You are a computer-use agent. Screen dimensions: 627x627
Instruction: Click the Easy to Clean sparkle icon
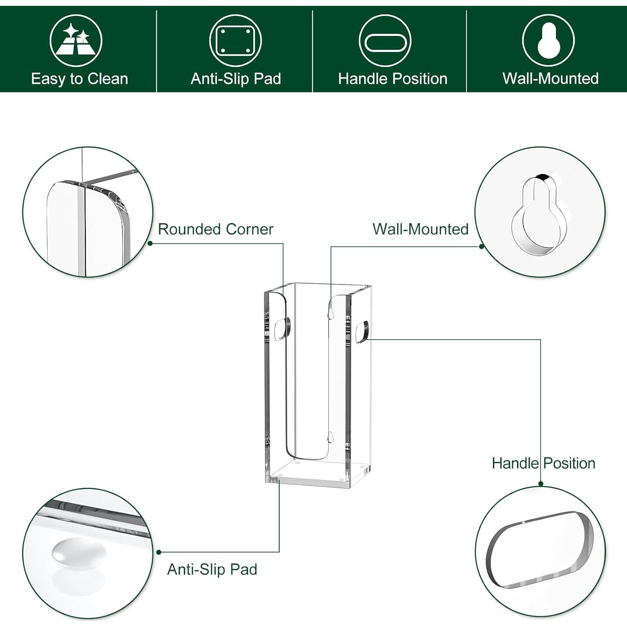[x=76, y=41]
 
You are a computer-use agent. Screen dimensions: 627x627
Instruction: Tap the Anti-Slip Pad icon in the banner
[x=236, y=41]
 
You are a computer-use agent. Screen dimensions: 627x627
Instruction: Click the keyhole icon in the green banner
[x=548, y=41]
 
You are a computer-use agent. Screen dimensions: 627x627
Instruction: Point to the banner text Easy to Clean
[x=79, y=79]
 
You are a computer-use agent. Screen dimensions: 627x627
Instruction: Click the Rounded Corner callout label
[x=215, y=229]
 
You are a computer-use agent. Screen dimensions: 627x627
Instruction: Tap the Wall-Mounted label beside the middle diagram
[x=421, y=229]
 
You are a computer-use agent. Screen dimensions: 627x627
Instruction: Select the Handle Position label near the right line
[x=543, y=463]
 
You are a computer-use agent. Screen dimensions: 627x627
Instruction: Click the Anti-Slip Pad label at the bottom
[x=212, y=569]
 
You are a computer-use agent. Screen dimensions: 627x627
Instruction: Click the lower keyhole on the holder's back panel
[x=330, y=438]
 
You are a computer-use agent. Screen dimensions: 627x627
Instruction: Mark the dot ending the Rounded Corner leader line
[x=150, y=243]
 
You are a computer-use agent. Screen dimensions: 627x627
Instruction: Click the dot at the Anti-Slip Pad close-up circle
[x=158, y=552]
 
